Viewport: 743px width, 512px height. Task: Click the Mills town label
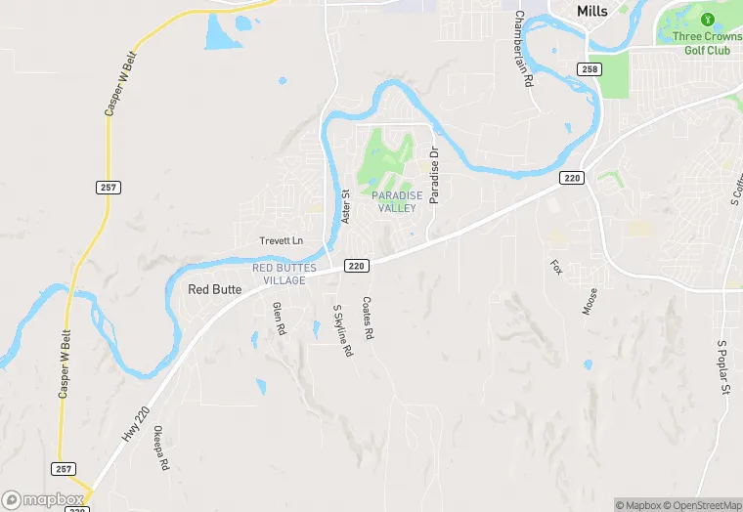(591, 11)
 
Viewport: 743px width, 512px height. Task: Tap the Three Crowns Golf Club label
(707, 42)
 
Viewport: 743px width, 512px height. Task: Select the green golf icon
(707, 18)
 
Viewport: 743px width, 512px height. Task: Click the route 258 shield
(589, 69)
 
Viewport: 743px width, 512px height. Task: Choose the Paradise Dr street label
(434, 176)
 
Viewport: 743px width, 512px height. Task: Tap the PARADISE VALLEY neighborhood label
(398, 201)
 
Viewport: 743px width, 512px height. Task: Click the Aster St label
(345, 206)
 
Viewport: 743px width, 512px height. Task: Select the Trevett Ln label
(282, 240)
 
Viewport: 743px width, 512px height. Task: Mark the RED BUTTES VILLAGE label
(279, 274)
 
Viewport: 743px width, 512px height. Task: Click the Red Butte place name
(213, 289)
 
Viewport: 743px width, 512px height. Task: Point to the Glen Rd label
(278, 319)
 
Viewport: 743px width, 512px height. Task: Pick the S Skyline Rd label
(341, 331)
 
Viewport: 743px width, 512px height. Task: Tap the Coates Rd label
(369, 319)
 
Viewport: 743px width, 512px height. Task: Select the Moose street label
(590, 301)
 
